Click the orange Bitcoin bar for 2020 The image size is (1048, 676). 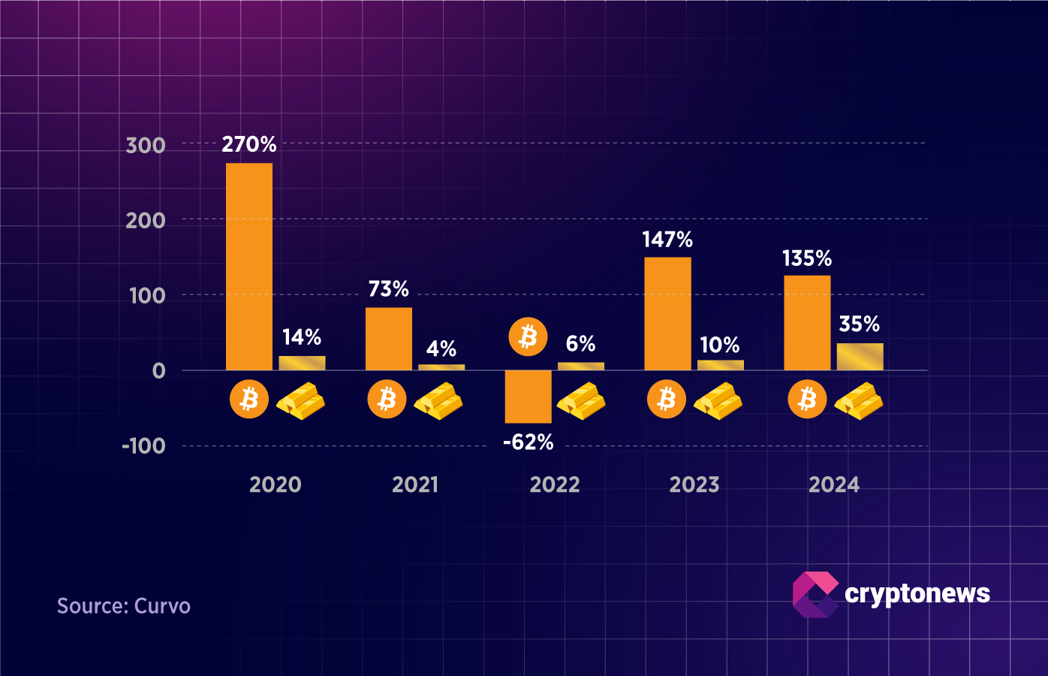pyautogui.click(x=249, y=267)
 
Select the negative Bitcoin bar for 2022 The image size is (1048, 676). pyautogui.click(x=528, y=397)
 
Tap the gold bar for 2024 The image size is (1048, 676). pyautogui.click(x=860, y=357)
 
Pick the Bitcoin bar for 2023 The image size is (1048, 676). pyautogui.click(x=667, y=313)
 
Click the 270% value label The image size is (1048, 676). pyautogui.click(x=249, y=144)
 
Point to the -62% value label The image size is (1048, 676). pyautogui.click(x=528, y=442)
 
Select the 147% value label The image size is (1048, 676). pyautogui.click(x=667, y=240)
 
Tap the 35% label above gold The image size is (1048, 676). pyautogui.click(x=860, y=324)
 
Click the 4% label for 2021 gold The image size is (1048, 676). pyautogui.click(x=441, y=349)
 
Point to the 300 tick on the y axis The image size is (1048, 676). pyautogui.click(x=146, y=145)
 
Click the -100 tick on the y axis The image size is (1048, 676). pyautogui.click(x=143, y=446)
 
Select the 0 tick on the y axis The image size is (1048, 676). pyautogui.click(x=158, y=371)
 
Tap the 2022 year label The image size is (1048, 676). pyautogui.click(x=555, y=484)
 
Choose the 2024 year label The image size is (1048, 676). pyautogui.click(x=834, y=484)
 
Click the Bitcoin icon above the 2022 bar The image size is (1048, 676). pyautogui.click(x=528, y=336)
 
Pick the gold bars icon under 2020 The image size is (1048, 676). pyautogui.click(x=300, y=400)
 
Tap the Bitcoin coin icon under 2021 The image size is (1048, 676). pyautogui.click(x=387, y=399)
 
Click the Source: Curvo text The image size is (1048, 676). pyautogui.click(x=124, y=606)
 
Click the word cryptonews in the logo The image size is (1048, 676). pyautogui.click(x=917, y=593)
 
